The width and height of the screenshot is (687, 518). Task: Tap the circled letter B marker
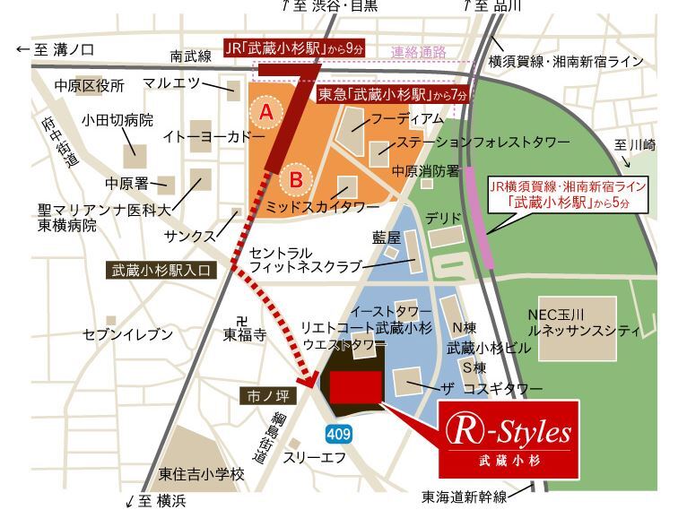(293, 179)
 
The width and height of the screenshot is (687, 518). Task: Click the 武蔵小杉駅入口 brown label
(162, 269)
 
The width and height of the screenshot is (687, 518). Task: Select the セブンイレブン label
(127, 334)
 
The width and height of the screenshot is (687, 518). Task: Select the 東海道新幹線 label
(465, 496)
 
